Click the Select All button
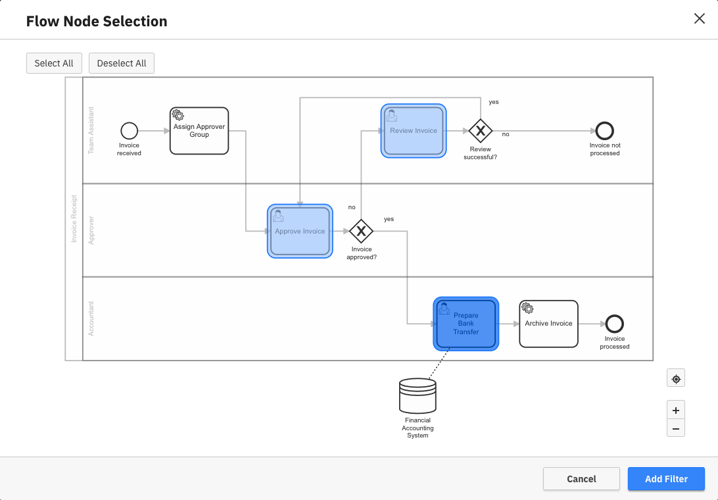click(54, 63)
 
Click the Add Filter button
click(666, 479)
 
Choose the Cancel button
click(581, 479)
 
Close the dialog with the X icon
click(699, 18)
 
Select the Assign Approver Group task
click(199, 131)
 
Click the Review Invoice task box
click(413, 131)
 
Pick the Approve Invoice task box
click(300, 231)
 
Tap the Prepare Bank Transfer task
click(466, 324)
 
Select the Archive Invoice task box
click(548, 324)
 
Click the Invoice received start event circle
click(130, 131)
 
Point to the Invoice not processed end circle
click(604, 131)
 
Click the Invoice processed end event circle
click(614, 324)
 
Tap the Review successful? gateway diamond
click(481, 131)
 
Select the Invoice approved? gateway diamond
click(361, 231)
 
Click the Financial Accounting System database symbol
click(418, 395)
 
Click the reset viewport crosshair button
click(675, 378)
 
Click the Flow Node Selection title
click(97, 21)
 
